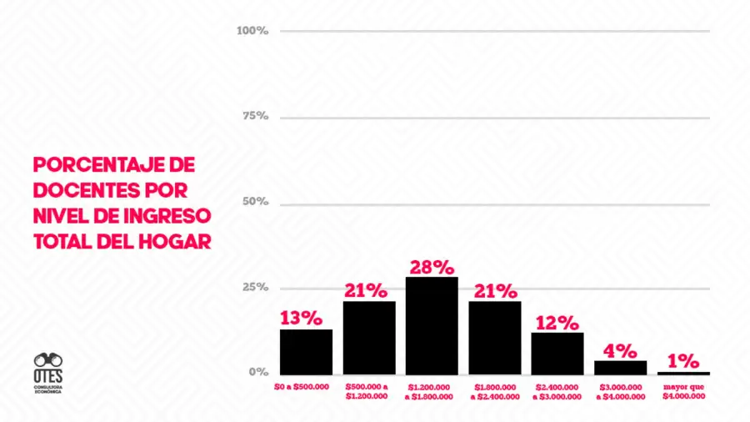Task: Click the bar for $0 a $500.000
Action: (306, 351)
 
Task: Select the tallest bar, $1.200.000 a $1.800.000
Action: (432, 325)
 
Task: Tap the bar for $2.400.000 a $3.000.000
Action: (557, 353)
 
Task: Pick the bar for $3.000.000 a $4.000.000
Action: (620, 367)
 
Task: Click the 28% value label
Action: (432, 267)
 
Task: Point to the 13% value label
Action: (301, 318)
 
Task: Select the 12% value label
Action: (557, 322)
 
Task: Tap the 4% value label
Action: (620, 350)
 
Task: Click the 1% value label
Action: (683, 361)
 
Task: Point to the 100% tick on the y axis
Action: (252, 31)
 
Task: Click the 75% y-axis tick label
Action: (255, 116)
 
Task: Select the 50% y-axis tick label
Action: (255, 202)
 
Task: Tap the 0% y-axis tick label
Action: (258, 372)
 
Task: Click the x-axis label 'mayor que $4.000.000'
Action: (683, 391)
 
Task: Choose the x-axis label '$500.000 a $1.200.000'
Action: (367, 391)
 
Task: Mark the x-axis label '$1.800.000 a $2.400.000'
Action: (494, 392)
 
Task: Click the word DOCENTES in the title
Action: (86, 190)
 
